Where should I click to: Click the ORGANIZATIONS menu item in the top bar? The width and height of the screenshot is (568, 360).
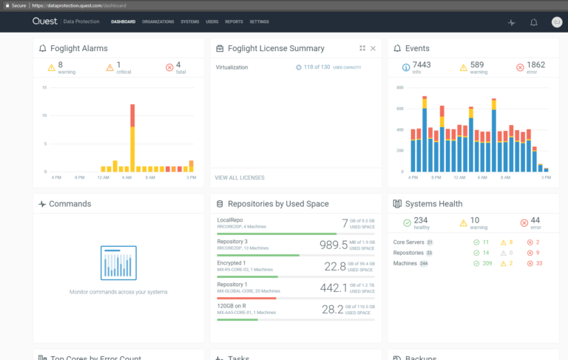point(158,22)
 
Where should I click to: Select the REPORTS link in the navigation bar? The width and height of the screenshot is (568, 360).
point(234,22)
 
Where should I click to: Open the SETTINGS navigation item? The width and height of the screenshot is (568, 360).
point(259,22)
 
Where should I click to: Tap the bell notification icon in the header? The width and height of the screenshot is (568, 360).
point(534,22)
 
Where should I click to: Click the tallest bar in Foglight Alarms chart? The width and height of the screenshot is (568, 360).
point(132,137)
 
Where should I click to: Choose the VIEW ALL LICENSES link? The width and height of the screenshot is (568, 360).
point(239,177)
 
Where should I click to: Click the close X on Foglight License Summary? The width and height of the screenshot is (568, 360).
point(373,49)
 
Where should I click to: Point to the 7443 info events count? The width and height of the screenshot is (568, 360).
point(421,65)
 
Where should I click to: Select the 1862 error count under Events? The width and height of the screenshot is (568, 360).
point(536,65)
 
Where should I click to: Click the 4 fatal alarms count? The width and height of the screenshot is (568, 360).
point(178,65)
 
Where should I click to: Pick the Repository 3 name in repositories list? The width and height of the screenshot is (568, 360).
point(232,242)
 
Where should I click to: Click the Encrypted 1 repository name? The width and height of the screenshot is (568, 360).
point(231,262)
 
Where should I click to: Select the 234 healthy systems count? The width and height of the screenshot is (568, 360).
point(421,220)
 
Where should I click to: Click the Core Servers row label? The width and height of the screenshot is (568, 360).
point(408,242)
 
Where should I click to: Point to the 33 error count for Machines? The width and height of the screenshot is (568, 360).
point(538,263)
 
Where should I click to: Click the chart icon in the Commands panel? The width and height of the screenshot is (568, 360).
point(118,263)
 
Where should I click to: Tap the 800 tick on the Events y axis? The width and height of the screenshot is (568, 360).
point(399,87)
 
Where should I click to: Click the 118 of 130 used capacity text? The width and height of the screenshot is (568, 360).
point(315,67)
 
